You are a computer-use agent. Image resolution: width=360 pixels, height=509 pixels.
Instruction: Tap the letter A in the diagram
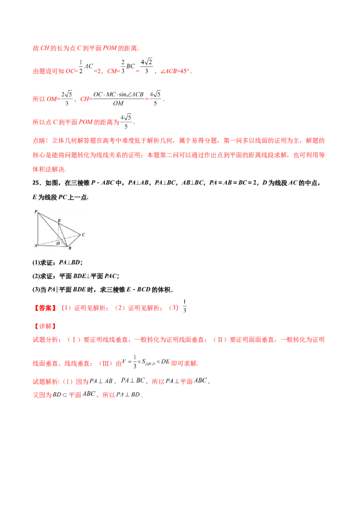point(36,246)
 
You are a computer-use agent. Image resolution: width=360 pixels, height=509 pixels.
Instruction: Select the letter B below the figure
point(69,248)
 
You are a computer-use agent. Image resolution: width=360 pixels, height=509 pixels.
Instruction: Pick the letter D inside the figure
point(58,243)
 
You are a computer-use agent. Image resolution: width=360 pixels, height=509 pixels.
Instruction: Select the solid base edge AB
point(52,246)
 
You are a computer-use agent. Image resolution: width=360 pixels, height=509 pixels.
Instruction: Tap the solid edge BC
point(73,240)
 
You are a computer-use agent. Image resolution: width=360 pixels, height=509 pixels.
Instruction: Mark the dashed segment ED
point(58,232)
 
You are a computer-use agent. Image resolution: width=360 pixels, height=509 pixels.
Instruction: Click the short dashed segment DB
point(63,243)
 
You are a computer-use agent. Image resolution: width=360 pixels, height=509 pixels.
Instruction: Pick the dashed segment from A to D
point(47,243)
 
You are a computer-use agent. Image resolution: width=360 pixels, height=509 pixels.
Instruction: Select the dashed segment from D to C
point(70,237)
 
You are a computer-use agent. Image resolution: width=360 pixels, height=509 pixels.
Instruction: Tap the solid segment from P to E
point(48,218)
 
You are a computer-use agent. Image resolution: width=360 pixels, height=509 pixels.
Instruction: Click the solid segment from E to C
point(70,229)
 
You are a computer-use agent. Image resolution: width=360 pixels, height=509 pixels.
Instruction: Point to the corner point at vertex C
point(80,234)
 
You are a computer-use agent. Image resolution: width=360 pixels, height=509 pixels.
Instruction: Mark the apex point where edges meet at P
point(38,212)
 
